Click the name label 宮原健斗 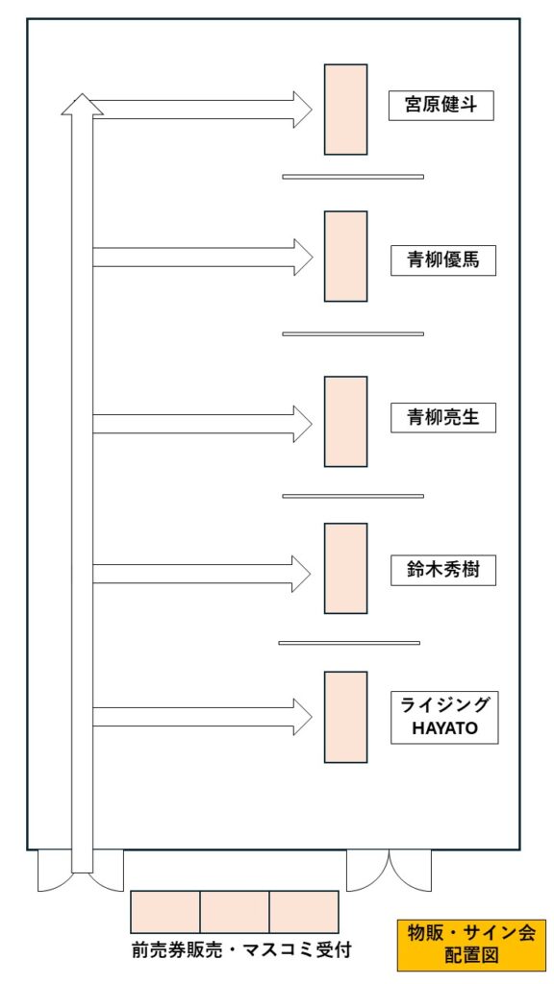(x=441, y=106)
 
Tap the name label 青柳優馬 (x=443, y=259)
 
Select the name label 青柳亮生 (x=443, y=417)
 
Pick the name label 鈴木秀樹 (x=443, y=571)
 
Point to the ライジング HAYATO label (x=444, y=717)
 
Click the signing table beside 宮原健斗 (x=345, y=110)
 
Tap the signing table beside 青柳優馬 (x=345, y=256)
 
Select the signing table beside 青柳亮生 (x=345, y=422)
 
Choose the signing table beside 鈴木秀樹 (x=345, y=569)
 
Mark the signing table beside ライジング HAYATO (x=345, y=717)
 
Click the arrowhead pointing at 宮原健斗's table (x=303, y=110)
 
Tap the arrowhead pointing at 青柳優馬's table (x=303, y=257)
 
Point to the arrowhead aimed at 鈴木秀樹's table (x=301, y=574)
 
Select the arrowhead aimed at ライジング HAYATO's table (x=303, y=717)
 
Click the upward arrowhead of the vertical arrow (x=83, y=106)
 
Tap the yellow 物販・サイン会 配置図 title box (x=471, y=945)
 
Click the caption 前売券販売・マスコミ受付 (x=241, y=950)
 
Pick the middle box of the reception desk (x=235, y=911)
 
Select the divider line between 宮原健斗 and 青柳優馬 (x=353, y=177)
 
